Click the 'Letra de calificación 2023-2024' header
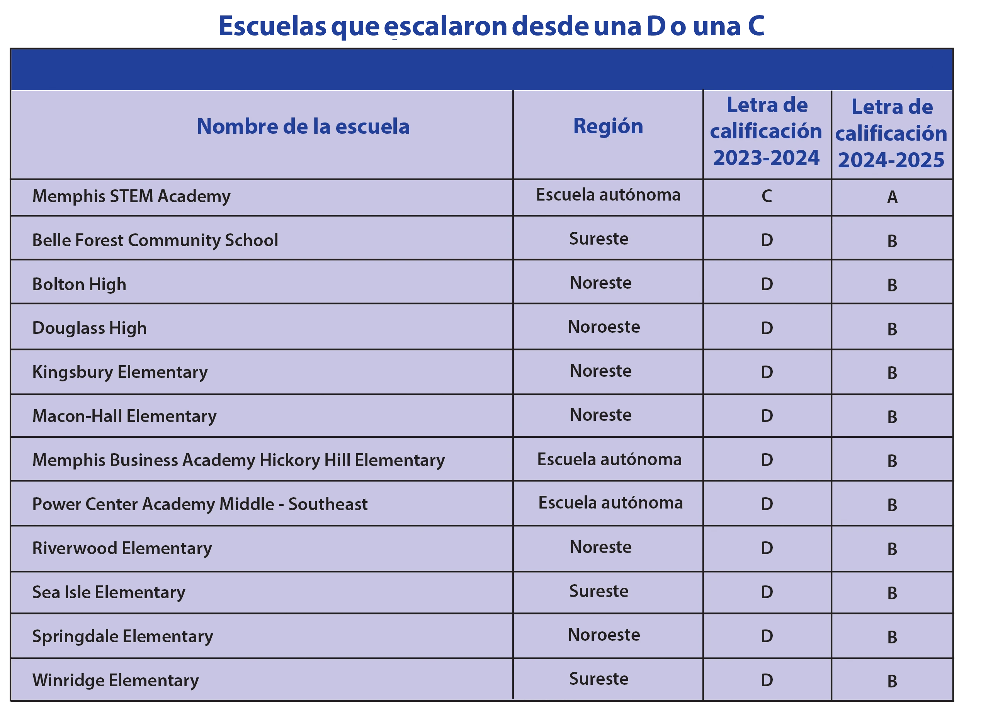pyautogui.click(x=767, y=131)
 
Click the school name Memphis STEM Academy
pyautogui.click(x=131, y=196)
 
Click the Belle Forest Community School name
pyautogui.click(x=155, y=240)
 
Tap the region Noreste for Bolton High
pyautogui.click(x=600, y=283)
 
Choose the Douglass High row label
pyautogui.click(x=90, y=328)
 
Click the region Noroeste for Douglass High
pyautogui.click(x=604, y=327)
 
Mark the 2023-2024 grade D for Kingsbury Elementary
pyautogui.click(x=767, y=373)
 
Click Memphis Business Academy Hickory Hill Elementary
pyautogui.click(x=238, y=460)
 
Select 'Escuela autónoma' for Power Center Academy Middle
pyautogui.click(x=610, y=503)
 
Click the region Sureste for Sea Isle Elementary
pyautogui.click(x=598, y=591)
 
